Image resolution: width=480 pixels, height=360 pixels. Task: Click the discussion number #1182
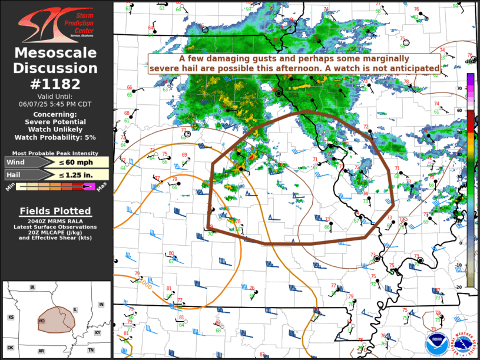coord(56,84)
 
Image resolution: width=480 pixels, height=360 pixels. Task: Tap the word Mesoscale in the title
coord(56,54)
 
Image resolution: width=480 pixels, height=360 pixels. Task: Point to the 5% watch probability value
coord(89,137)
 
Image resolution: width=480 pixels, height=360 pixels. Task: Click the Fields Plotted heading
coord(55,211)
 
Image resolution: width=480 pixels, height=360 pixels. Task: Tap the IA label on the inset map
coord(32,288)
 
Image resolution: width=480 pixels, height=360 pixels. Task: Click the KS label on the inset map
coord(11,317)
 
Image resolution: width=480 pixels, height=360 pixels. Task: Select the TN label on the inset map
coord(91,350)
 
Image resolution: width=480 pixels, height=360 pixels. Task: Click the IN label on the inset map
coord(101,304)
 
